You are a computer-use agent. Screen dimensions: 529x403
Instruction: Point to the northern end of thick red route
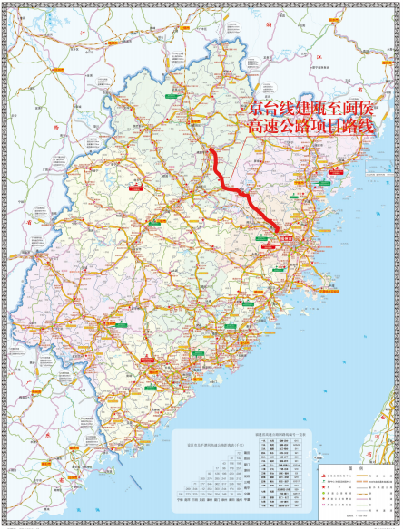(x=211, y=149)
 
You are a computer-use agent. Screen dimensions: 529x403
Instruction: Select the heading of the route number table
(x=280, y=435)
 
